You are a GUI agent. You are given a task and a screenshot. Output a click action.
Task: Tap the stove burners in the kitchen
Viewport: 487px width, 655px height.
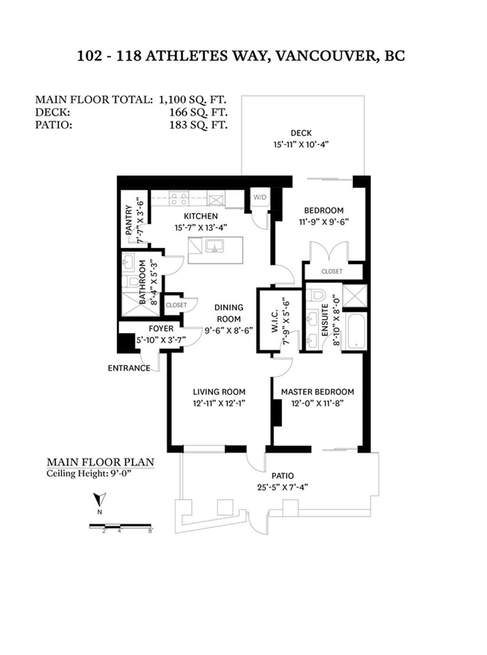(179, 198)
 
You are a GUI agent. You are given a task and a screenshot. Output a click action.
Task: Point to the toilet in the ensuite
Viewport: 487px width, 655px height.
(315, 295)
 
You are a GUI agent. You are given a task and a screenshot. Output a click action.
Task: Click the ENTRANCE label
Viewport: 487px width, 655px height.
(129, 368)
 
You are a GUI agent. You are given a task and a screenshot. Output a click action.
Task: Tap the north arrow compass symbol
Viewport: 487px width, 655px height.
(99, 499)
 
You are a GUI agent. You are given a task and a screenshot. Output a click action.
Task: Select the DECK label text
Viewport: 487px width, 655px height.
(301, 133)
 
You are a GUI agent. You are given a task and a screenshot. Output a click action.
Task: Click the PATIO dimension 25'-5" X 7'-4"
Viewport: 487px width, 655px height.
(282, 487)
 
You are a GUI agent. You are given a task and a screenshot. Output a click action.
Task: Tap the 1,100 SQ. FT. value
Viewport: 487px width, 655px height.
(193, 100)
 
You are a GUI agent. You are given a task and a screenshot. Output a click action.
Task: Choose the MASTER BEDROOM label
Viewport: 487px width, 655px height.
(318, 392)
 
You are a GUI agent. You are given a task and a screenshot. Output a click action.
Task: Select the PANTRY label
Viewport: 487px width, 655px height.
(128, 220)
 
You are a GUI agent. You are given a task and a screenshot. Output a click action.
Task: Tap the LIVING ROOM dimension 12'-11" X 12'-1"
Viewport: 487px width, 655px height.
(219, 403)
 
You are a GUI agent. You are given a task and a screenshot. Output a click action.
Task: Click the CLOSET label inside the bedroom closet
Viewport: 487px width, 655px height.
(332, 272)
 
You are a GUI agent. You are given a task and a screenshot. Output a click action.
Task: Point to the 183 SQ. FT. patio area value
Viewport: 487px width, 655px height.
(198, 125)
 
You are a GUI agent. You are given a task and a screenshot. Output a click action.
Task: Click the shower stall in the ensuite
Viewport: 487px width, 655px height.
(355, 295)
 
